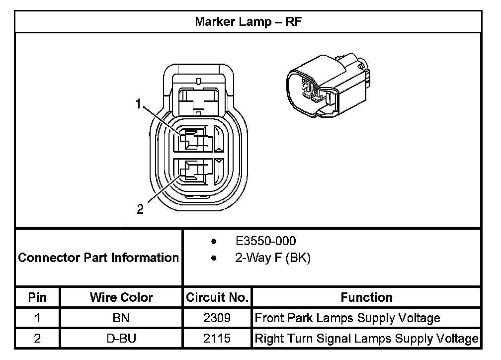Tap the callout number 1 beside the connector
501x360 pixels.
pos(140,104)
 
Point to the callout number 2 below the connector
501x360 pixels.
pos(141,209)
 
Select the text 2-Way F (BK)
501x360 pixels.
pos(272,259)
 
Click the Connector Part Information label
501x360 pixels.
pos(98,258)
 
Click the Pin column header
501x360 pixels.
pos(37,297)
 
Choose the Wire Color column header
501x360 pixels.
pos(121,297)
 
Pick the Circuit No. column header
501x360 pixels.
pos(217,297)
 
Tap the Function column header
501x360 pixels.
pos(366,297)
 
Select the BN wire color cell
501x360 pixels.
pos(121,318)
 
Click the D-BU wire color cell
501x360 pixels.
pos(121,339)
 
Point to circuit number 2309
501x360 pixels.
pos(217,318)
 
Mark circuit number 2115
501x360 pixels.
pos(217,339)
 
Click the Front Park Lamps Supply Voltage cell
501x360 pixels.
pos(347,318)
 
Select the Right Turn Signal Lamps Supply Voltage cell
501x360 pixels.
pos(366,339)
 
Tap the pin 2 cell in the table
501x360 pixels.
pos(37,339)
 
